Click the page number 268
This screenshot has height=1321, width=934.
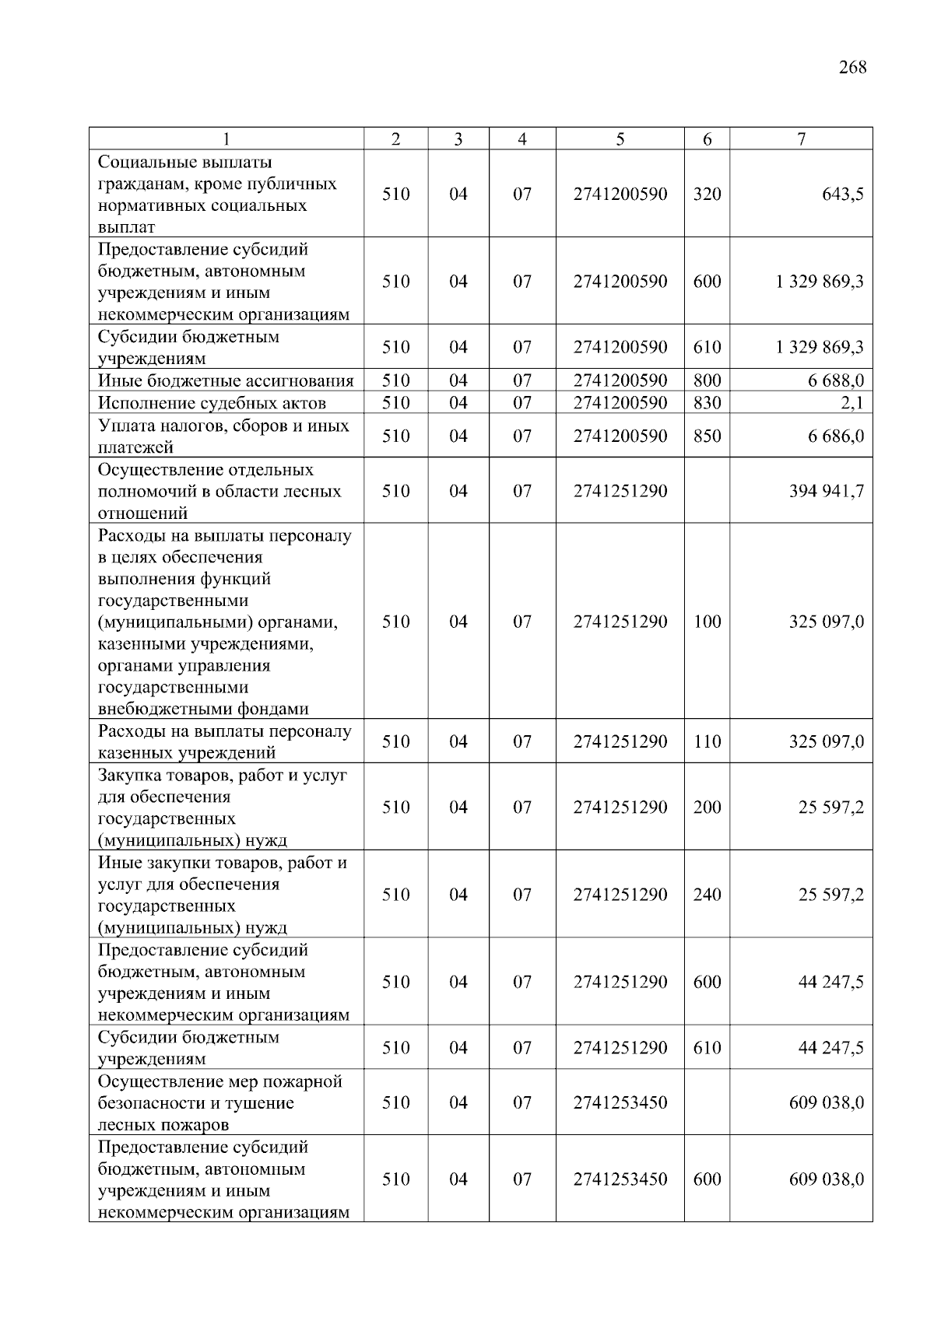click(x=852, y=68)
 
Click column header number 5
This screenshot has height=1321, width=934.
click(x=620, y=139)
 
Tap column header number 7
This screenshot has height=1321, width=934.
click(x=801, y=139)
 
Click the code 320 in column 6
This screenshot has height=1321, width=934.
click(x=707, y=194)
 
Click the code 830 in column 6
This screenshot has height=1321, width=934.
click(x=707, y=403)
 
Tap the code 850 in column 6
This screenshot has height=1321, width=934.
click(x=707, y=436)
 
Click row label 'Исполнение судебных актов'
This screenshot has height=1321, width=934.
click(x=212, y=403)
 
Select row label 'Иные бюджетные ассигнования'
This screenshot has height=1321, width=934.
click(x=226, y=381)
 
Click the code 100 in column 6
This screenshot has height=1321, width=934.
click(x=707, y=622)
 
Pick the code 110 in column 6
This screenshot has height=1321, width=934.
click(x=707, y=742)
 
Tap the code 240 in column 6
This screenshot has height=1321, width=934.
click(x=707, y=895)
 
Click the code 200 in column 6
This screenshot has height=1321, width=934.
click(x=707, y=808)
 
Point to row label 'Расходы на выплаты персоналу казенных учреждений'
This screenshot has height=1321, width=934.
click(x=224, y=742)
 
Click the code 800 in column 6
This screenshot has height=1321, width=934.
click(x=707, y=381)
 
